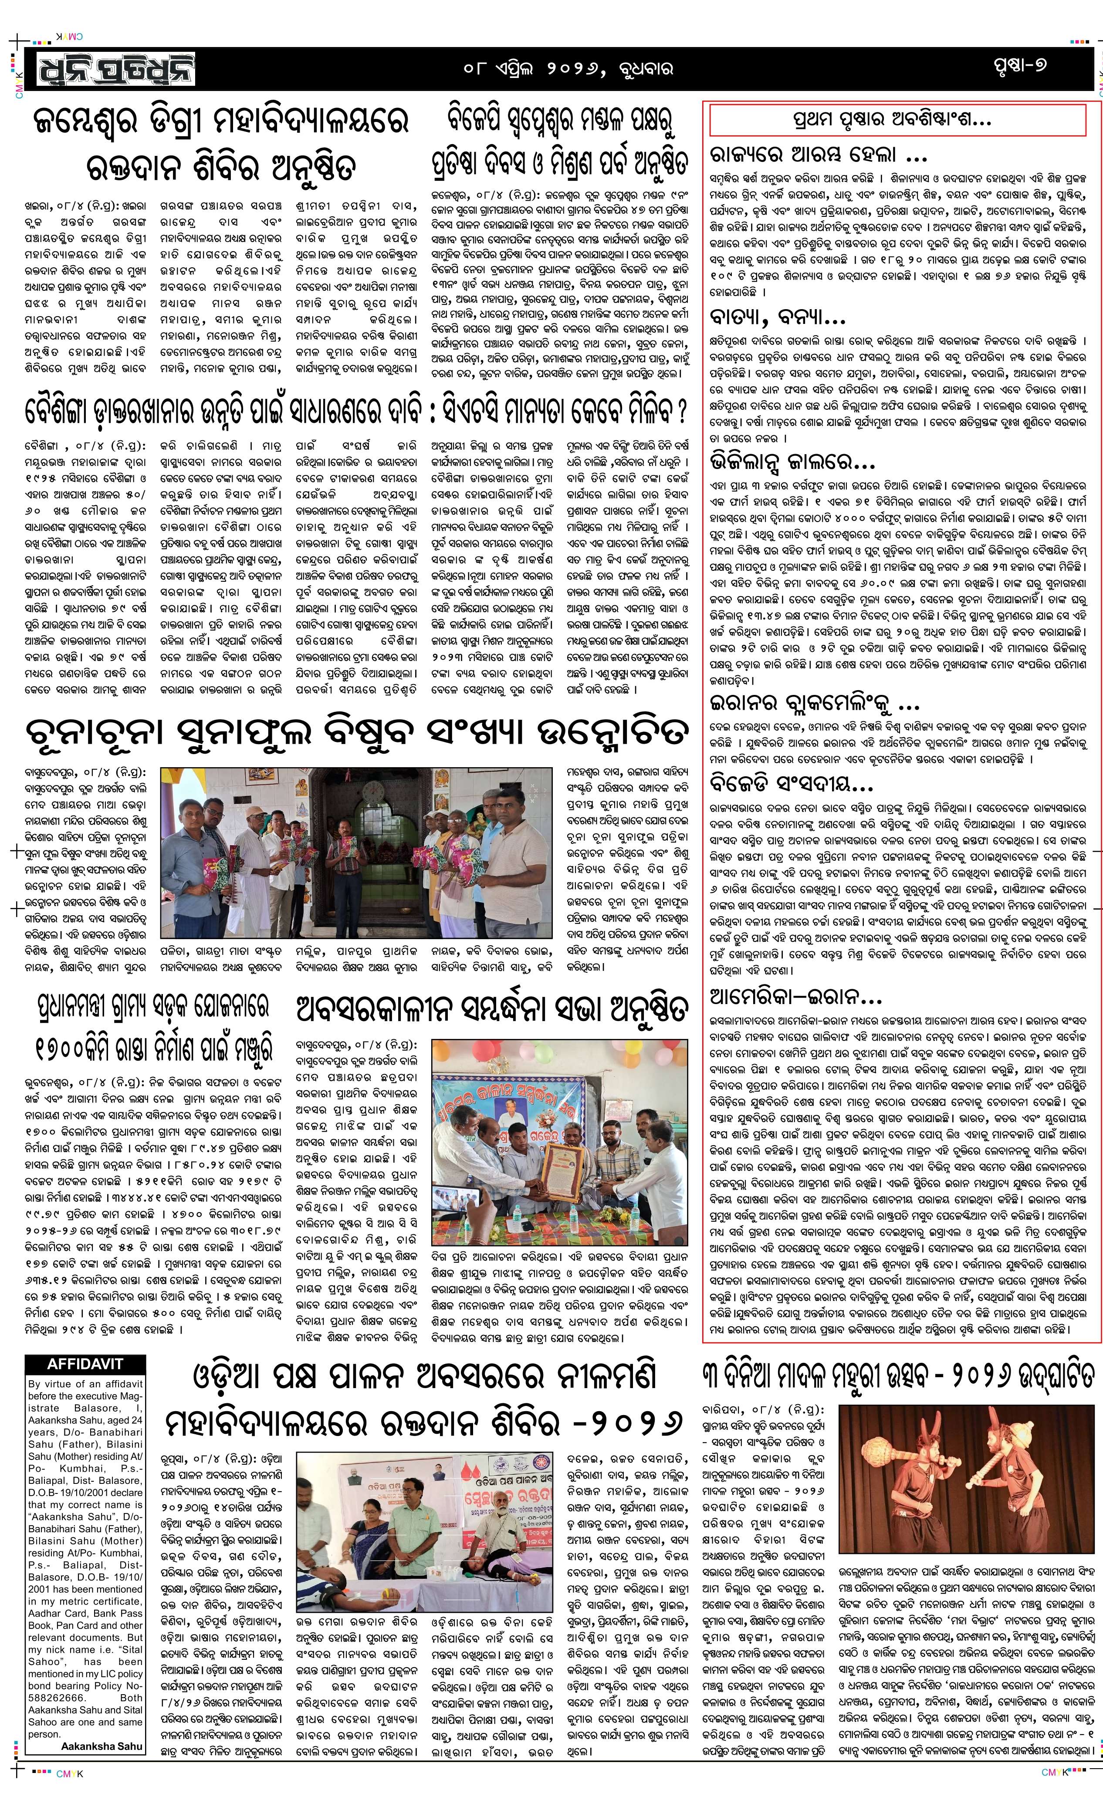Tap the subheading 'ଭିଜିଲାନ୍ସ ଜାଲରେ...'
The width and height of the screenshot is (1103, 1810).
pos(792,462)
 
